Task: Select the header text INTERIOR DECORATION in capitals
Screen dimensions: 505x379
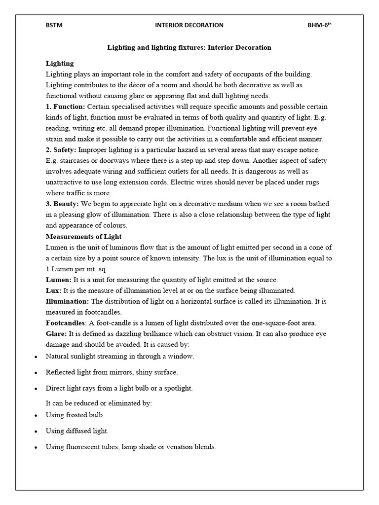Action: pyautogui.click(x=189, y=25)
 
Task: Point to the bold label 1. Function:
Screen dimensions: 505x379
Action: pyautogui.click(x=65, y=107)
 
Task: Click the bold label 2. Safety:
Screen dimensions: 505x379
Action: pyautogui.click(x=61, y=149)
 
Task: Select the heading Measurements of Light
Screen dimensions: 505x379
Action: pyautogui.click(x=83, y=236)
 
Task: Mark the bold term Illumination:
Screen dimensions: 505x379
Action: pyautogui.click(x=67, y=301)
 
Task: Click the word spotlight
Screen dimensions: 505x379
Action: pyautogui.click(x=176, y=388)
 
